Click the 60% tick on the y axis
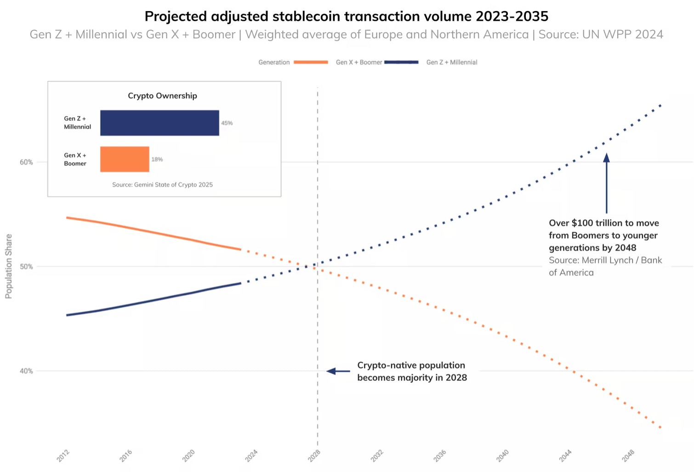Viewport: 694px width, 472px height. [x=26, y=162]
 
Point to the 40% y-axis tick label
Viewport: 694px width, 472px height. [x=26, y=371]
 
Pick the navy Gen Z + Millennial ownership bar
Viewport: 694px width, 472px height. [x=159, y=123]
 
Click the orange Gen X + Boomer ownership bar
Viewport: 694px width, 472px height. [x=125, y=159]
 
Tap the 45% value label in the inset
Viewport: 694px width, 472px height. [x=227, y=123]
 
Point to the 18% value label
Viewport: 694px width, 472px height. [x=157, y=160]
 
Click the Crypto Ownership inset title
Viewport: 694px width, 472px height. [x=162, y=96]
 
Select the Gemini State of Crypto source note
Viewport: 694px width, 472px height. [x=162, y=184]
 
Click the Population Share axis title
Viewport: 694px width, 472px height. [x=9, y=266]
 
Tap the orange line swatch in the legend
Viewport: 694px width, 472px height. [x=311, y=62]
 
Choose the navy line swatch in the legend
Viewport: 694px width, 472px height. [x=401, y=62]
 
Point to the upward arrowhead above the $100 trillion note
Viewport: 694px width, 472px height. [x=607, y=158]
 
